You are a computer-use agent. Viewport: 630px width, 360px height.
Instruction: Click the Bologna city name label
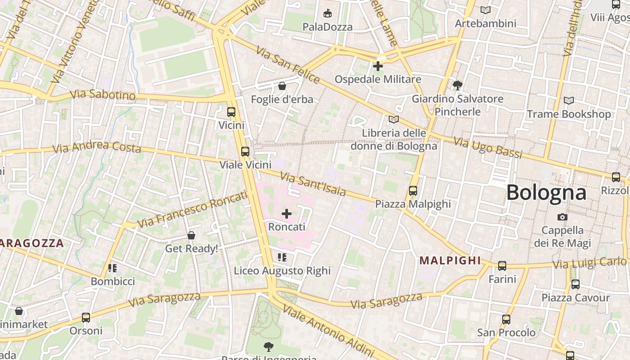pos(546,193)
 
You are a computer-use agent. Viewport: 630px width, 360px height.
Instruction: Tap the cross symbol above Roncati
pos(286,214)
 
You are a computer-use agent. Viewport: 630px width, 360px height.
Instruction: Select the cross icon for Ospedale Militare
pos(378,66)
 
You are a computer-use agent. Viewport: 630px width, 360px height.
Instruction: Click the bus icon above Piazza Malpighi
pos(413,191)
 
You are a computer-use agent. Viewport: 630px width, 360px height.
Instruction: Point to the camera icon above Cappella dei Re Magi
pos(562,217)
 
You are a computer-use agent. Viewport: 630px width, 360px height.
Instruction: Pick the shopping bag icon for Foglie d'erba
pos(282,86)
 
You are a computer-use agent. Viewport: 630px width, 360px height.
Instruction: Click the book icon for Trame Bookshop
pos(569,101)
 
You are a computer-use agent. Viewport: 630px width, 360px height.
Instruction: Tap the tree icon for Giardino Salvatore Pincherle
pos(458,85)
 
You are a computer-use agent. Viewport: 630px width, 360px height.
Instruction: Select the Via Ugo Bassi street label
pos(488,148)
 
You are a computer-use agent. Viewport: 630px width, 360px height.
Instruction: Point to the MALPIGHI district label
pos(450,261)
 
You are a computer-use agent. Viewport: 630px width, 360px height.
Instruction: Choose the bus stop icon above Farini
pos(502,266)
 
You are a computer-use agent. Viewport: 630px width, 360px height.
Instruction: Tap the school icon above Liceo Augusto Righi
pos(282,257)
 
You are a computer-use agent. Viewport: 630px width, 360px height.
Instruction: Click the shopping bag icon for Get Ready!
pos(191,235)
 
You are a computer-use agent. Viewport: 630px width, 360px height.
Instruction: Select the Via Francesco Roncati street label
pos(193,209)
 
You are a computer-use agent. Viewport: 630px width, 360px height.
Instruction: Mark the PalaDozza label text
pos(328,27)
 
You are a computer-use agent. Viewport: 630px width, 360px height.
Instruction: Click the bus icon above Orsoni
pos(86,318)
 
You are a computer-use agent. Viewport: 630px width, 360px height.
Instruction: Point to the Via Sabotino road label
pos(103,95)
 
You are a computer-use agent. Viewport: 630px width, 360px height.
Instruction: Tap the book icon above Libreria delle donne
pos(394,120)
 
